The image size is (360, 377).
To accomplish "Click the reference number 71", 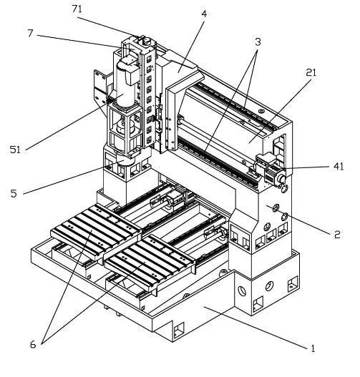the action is click(x=77, y=9).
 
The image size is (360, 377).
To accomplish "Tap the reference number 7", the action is click(x=30, y=33).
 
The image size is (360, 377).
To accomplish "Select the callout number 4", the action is click(x=204, y=14).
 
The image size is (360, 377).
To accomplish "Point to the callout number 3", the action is click(x=258, y=41).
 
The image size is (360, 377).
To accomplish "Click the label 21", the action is click(x=311, y=72).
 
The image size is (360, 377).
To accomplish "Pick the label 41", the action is click(x=339, y=167).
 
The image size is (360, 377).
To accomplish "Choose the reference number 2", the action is click(x=337, y=234).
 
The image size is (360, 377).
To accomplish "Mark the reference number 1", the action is click(x=313, y=348).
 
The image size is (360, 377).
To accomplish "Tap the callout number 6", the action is click(x=33, y=345).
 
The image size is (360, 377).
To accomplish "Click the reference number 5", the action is click(x=14, y=193).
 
